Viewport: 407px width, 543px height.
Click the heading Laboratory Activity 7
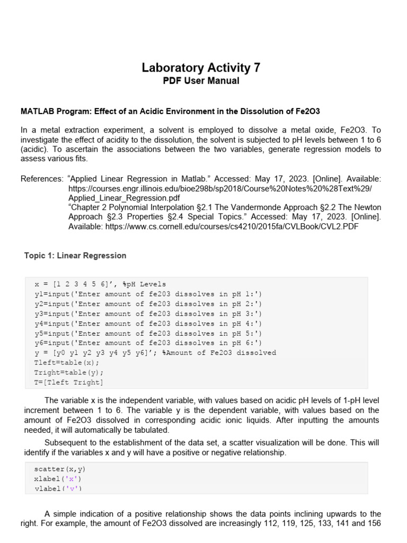(x=201, y=68)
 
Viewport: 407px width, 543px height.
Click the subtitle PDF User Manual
(x=201, y=81)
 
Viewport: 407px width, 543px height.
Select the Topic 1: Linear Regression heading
(x=75, y=256)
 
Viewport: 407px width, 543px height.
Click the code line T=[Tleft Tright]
(x=69, y=382)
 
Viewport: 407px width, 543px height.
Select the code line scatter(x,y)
(x=60, y=469)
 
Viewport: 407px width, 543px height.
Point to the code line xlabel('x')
(x=57, y=479)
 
